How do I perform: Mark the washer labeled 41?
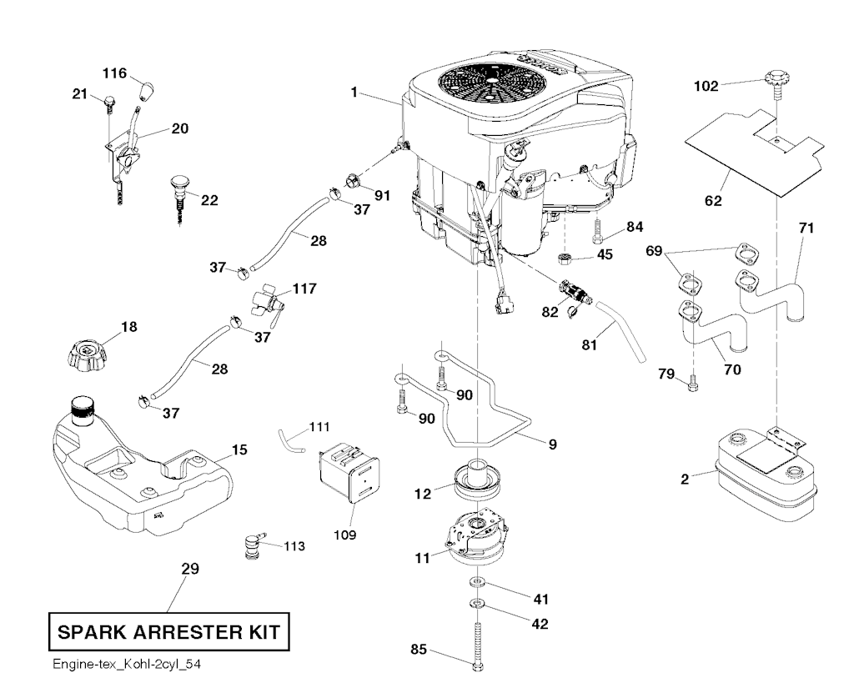[475, 580]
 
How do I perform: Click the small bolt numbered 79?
[691, 384]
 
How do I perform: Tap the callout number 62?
[713, 201]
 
